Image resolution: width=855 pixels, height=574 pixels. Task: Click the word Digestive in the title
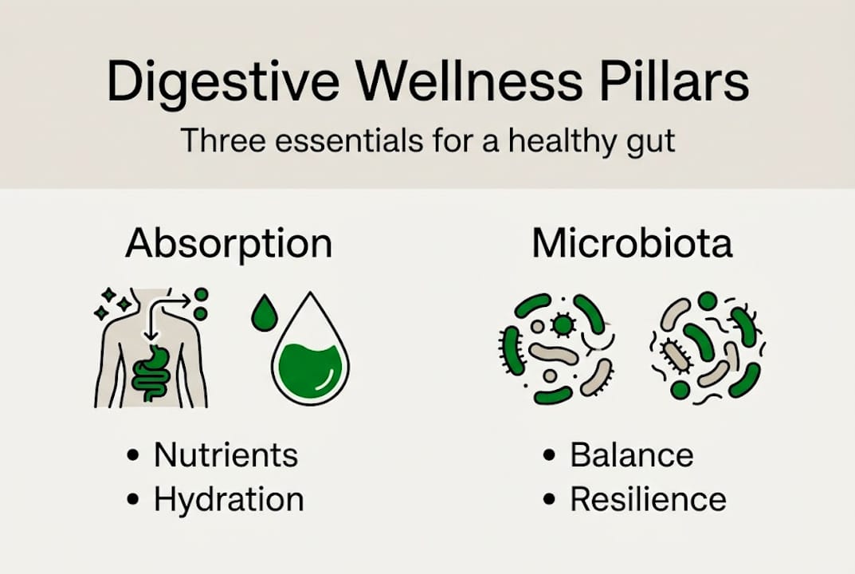[223, 82]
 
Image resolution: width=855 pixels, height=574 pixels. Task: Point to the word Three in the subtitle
[224, 140]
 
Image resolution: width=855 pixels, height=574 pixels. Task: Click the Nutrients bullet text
[226, 454]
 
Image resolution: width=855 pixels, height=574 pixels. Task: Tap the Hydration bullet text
[229, 499]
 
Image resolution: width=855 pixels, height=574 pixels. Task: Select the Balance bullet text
[632, 454]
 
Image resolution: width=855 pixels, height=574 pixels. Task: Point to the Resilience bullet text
[649, 499]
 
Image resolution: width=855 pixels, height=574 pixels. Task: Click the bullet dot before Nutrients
[133, 455]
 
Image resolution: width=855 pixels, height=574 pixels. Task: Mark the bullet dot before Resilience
[550, 499]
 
